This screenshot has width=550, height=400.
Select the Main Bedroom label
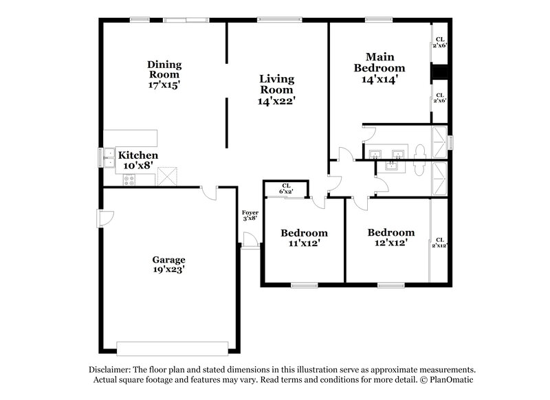[x=379, y=63]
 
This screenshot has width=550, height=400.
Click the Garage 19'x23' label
[x=168, y=265]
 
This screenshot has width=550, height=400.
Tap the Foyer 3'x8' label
[x=250, y=215]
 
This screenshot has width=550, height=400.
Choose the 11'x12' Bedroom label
[x=304, y=238]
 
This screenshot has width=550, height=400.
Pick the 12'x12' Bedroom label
[x=390, y=237]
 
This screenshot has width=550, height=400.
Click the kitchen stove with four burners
[x=129, y=179]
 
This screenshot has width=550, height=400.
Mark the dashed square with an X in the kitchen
[x=167, y=177]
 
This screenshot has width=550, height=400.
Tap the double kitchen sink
[x=109, y=159]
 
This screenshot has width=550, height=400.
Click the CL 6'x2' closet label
[x=287, y=188]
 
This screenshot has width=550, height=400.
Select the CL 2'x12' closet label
[x=440, y=242]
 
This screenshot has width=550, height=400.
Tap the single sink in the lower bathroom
[x=393, y=166]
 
